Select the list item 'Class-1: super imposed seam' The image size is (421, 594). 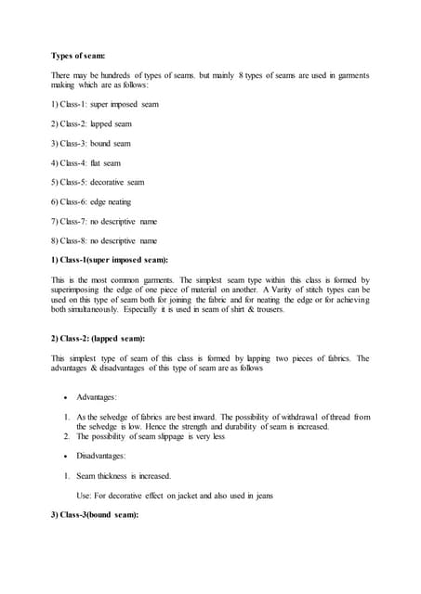[x=110, y=104]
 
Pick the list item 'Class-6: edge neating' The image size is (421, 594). [x=100, y=201]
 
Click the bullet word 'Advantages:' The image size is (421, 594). [x=98, y=397]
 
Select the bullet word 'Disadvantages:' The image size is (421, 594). [x=103, y=456]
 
